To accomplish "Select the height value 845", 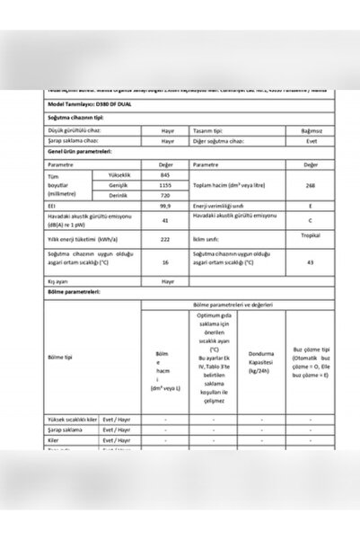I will coord(165,174).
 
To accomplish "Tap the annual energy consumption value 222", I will coord(165,239).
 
